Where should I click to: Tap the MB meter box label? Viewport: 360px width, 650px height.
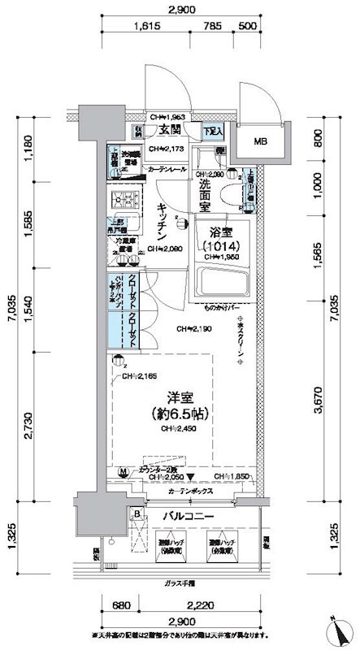pyautogui.click(x=261, y=141)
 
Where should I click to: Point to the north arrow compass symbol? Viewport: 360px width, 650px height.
pyautogui.click(x=338, y=629)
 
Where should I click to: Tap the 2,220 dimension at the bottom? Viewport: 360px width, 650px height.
pyautogui.click(x=201, y=604)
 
